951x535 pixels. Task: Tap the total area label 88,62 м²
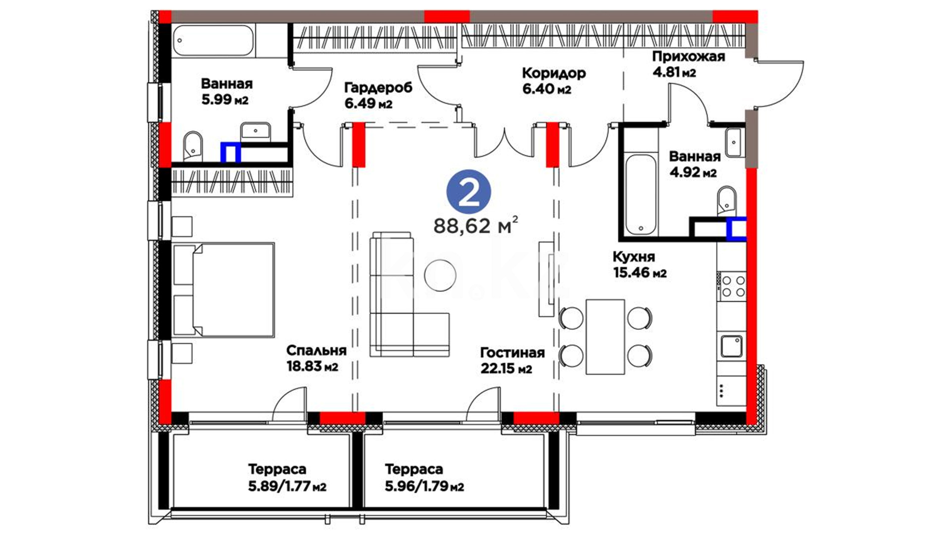pos(476,225)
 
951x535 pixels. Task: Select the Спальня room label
pos(316,350)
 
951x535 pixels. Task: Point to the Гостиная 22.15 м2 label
pos(512,360)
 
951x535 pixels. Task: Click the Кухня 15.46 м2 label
pos(639,265)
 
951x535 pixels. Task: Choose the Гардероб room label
pos(378,88)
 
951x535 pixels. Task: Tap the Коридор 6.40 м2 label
pos(554,81)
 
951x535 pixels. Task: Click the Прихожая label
pos(688,56)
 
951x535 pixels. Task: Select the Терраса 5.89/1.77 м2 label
pos(287,478)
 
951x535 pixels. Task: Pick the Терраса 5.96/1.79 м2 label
pos(424,478)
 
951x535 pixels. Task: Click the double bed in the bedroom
pos(223,290)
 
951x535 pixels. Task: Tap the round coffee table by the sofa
pos(440,275)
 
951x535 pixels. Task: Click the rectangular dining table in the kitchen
pos(605,337)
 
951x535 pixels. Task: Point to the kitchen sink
pos(731,346)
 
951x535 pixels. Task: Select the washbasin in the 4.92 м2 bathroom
pos(734,142)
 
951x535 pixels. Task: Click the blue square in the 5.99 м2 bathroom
pos(230,153)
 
